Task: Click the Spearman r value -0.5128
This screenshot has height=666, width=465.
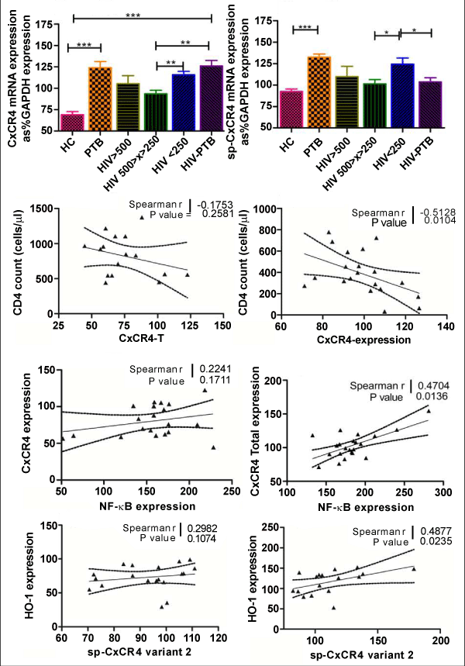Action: [x=435, y=212]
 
